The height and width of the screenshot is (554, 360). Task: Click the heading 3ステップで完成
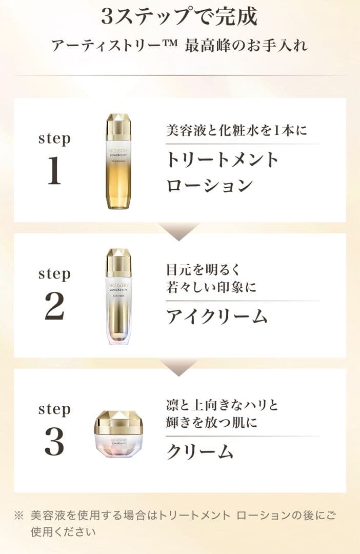pyautogui.click(x=179, y=17)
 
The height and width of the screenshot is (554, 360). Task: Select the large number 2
pyautogui.click(x=54, y=307)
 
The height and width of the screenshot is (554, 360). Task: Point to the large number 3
pyautogui.click(x=54, y=442)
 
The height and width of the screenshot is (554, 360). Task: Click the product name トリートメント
pyautogui.click(x=222, y=160)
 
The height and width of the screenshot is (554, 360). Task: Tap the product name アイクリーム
pyautogui.click(x=216, y=316)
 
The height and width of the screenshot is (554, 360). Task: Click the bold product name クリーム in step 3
pyautogui.click(x=199, y=451)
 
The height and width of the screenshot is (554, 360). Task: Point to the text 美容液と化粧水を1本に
pyautogui.click(x=236, y=130)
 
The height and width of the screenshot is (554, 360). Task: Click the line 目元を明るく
pyautogui.click(x=204, y=269)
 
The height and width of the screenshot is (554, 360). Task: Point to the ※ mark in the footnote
pyautogui.click(x=18, y=515)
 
